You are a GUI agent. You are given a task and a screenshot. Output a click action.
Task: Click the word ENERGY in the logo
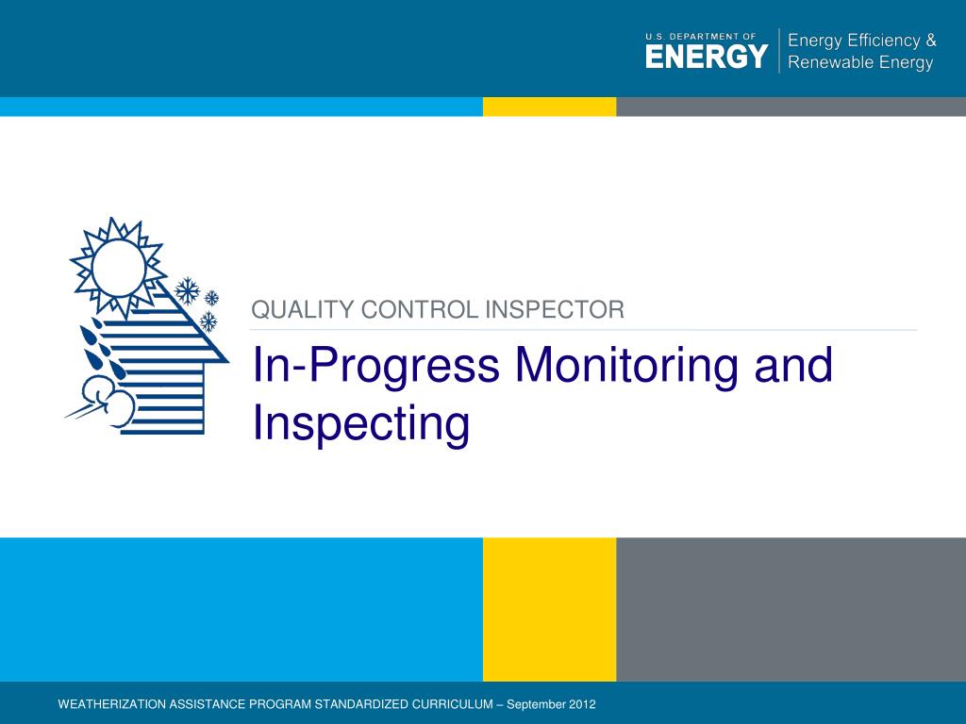coord(707,57)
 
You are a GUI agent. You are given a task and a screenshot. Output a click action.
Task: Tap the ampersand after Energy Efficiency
coord(930,41)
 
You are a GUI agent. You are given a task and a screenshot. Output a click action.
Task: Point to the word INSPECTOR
coord(555,309)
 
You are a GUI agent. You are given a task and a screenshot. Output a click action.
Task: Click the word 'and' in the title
coord(793,364)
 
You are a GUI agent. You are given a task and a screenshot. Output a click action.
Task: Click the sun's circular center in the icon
coord(118,268)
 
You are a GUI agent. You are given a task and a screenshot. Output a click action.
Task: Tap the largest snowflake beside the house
coord(188,290)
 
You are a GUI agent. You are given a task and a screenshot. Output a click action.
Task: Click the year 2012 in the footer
coord(582,704)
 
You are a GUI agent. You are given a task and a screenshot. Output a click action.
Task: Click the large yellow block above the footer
coord(550,610)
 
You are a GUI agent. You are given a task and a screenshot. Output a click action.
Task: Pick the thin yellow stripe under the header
coord(550,107)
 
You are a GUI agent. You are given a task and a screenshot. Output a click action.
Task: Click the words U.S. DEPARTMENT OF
coord(701,37)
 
